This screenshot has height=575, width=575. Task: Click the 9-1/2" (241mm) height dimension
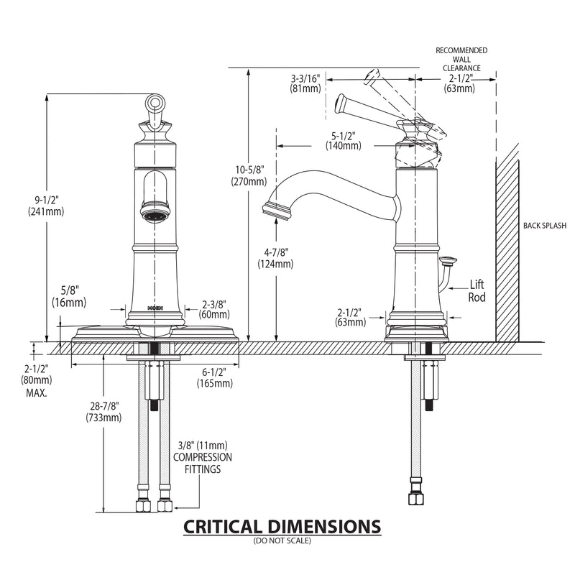46,206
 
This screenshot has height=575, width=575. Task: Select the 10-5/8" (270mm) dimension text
249,176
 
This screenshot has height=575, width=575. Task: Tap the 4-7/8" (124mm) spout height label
275,258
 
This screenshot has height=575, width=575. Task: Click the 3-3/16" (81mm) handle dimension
305,83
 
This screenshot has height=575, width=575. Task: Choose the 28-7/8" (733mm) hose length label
103,412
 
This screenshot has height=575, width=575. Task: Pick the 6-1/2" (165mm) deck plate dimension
215,377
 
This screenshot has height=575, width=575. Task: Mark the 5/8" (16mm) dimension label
69,298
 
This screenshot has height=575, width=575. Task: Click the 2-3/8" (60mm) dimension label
215,309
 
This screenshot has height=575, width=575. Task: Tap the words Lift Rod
478,290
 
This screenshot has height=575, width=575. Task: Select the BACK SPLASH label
545,225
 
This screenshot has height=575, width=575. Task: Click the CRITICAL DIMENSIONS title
282,526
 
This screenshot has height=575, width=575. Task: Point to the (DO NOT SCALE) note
282,540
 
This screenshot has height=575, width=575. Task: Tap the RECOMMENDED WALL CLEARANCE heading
461,59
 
